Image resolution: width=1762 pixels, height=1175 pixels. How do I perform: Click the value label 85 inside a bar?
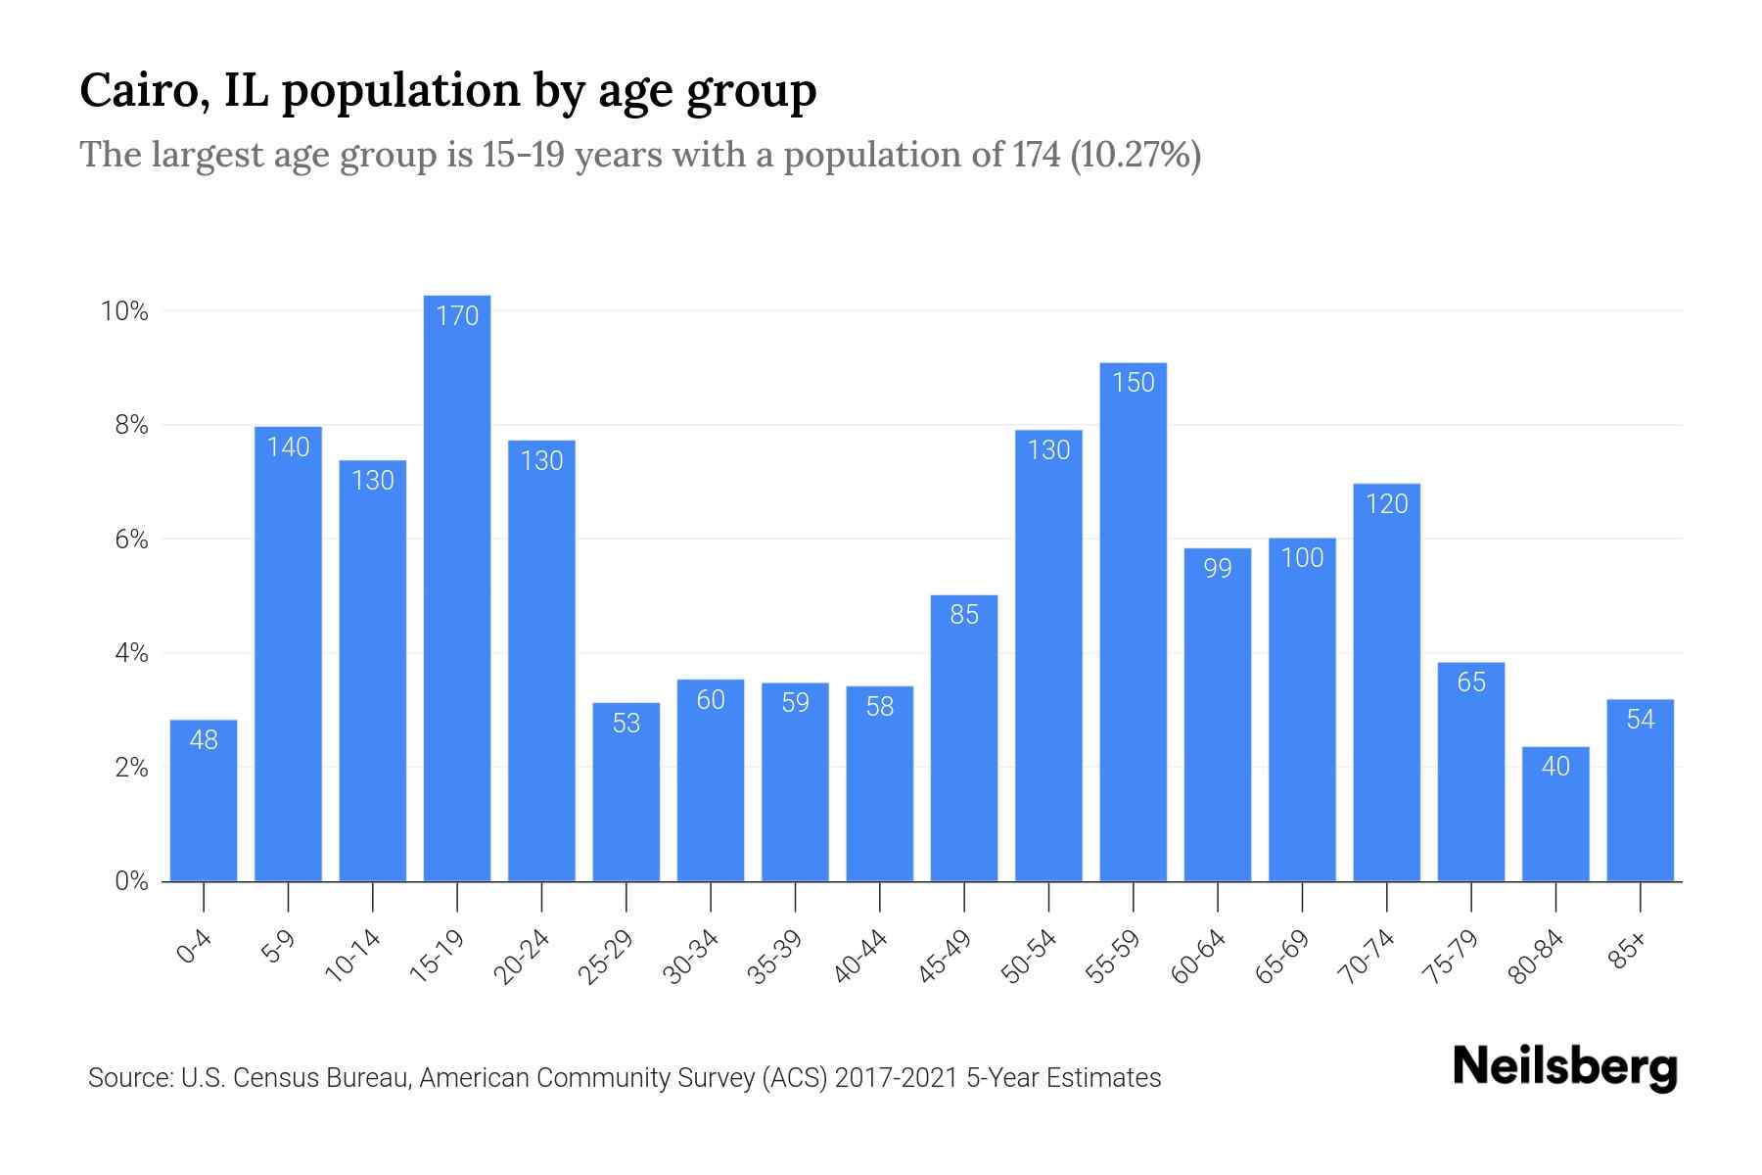coord(964,615)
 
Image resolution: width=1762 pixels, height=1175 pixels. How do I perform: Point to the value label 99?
coord(1218,569)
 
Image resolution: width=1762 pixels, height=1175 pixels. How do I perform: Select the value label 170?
coord(457,316)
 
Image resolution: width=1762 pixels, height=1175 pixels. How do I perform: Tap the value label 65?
coord(1471,682)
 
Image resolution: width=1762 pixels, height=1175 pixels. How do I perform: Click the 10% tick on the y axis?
coord(124,311)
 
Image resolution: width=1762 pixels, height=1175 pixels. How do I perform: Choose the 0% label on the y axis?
coord(131,881)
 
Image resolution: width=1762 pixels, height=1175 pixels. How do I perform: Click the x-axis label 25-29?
coord(606,957)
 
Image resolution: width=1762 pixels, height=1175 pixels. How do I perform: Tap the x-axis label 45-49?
coord(945,957)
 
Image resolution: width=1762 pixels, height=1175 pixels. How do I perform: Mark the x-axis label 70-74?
coord(1367,957)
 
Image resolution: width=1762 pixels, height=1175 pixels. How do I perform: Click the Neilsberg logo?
coord(1564,1067)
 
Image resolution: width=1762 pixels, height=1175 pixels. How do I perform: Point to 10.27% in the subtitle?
coord(1136,155)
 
